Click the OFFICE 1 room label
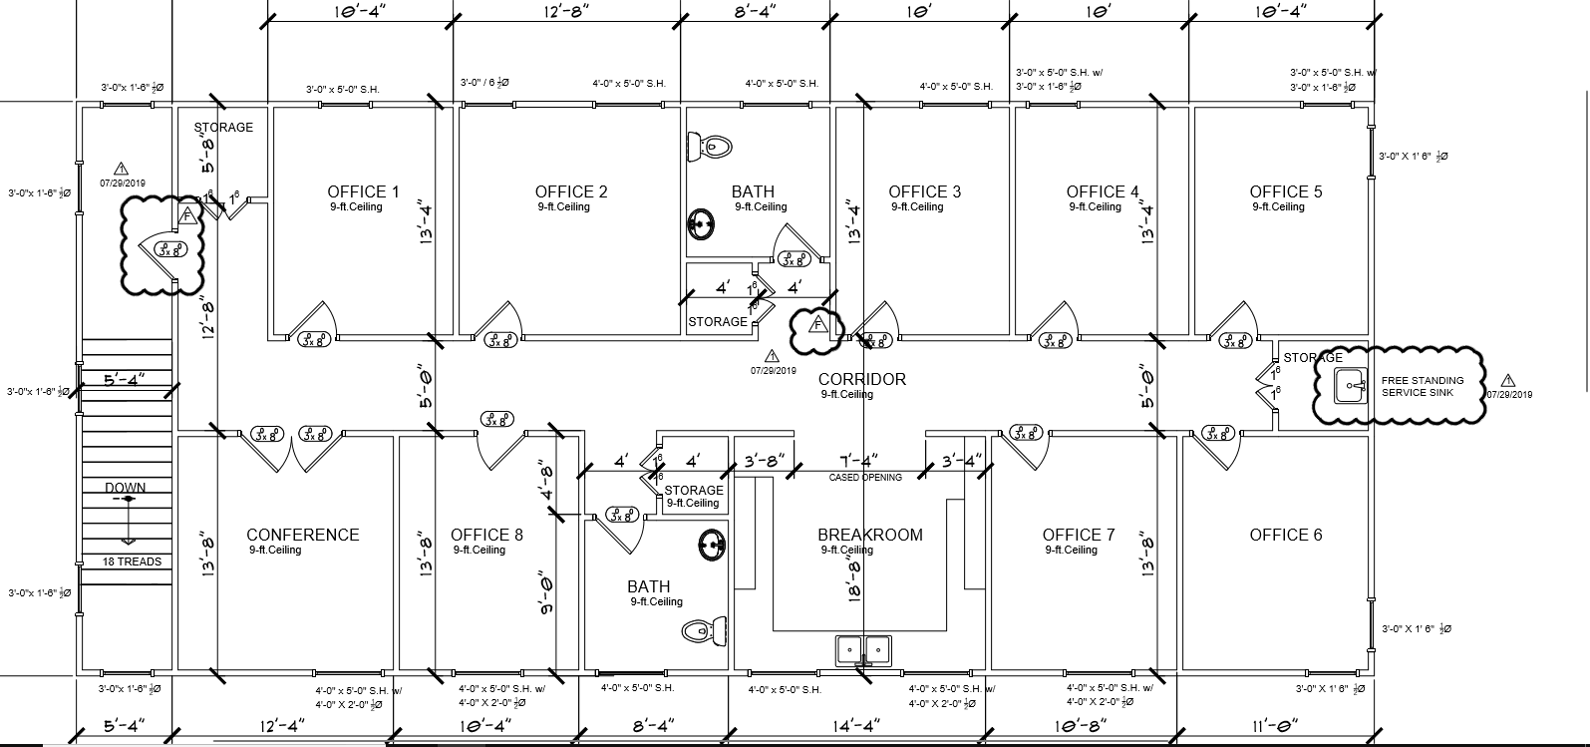tap(363, 191)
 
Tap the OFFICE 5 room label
tap(1286, 191)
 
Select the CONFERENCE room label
tap(303, 535)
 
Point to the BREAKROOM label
tap(870, 535)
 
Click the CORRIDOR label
tap(862, 379)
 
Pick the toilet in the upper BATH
tap(711, 147)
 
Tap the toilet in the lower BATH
tap(705, 630)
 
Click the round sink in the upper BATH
tap(702, 222)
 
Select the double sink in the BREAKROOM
tap(863, 648)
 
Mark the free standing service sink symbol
tap(1351, 383)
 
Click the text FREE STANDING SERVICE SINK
tap(1423, 386)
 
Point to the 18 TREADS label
tap(132, 561)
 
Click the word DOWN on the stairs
tap(126, 488)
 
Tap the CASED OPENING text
tap(865, 478)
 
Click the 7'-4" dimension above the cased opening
tap(858, 461)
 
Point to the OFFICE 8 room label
tap(486, 535)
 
